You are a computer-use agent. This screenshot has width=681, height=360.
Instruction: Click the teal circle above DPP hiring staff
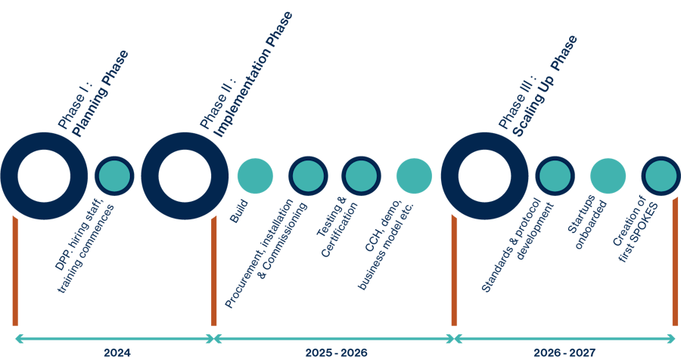[x=114, y=175]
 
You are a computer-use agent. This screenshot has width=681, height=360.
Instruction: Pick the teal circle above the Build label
[x=255, y=175]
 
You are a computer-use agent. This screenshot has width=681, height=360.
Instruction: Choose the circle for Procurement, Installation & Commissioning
[x=308, y=175]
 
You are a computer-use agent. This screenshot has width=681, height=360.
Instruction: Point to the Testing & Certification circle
[x=361, y=175]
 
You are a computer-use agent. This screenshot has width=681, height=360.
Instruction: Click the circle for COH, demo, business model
[x=414, y=175]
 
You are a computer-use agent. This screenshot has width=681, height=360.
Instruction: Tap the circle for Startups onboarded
[x=608, y=175]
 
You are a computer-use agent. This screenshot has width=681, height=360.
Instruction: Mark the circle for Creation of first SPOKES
[x=661, y=175]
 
